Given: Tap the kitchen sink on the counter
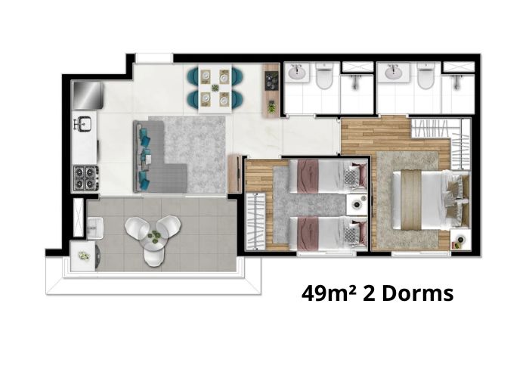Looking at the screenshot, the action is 83,123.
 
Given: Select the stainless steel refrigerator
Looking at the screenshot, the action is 88,94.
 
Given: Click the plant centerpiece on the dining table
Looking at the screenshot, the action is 215,88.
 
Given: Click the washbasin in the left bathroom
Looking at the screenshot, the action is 297,73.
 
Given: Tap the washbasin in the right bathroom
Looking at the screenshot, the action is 393,73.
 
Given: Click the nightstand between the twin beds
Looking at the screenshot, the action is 357,205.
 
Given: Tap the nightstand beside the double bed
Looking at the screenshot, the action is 460,240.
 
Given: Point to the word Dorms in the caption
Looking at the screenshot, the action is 418,293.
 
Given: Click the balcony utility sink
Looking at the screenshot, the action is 95,228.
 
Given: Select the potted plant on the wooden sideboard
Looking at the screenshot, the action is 271,107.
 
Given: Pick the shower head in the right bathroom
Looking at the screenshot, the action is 457,82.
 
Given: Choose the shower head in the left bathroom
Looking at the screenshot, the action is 355,82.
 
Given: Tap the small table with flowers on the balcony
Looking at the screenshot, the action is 84,256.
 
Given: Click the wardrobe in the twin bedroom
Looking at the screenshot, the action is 255,221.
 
